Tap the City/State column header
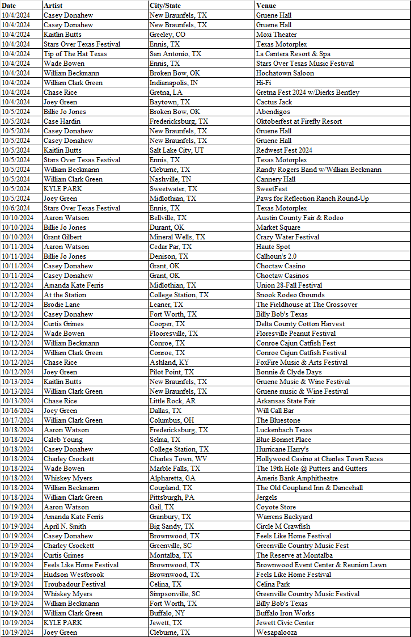(165, 5)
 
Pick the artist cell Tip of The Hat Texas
(75, 54)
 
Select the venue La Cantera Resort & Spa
(293, 54)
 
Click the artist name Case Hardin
(62, 121)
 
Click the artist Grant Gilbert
(62, 237)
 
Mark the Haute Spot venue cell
(273, 247)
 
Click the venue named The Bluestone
(278, 420)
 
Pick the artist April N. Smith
(65, 526)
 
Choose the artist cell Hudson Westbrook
(74, 575)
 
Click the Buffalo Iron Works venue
(285, 613)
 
